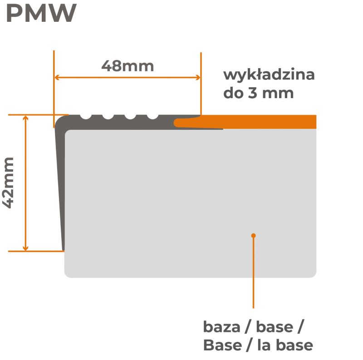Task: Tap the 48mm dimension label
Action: coord(128,66)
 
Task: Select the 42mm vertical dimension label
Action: coord(9,182)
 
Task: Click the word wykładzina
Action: coord(269,74)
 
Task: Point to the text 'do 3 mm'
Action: coord(258,93)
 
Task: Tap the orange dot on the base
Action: coord(254,235)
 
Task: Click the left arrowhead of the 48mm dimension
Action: coord(57,77)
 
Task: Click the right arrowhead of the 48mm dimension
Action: coord(198,77)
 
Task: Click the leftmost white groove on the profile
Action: coord(86,116)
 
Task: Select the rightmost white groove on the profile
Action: coord(153,116)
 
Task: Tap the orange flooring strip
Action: coord(254,122)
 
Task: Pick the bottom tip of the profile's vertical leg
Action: coord(63,249)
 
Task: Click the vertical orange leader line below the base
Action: coord(254,272)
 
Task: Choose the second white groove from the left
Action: coord(108,116)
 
